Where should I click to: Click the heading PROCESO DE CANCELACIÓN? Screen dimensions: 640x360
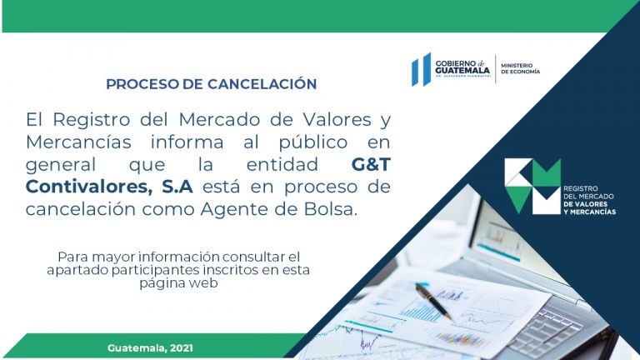point(212,83)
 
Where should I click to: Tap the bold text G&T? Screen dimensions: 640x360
point(371,164)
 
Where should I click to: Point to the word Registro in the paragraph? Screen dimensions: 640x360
point(92,120)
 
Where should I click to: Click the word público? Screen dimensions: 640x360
point(313,142)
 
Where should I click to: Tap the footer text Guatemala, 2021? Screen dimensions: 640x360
point(150,348)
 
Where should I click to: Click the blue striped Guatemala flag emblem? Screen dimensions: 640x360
point(421,69)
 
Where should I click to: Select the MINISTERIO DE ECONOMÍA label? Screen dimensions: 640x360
point(520,68)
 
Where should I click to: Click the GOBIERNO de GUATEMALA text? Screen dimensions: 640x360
point(462,67)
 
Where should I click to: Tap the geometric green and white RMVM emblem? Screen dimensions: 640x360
point(532,186)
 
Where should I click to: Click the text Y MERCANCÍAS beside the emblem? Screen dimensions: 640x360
point(589,212)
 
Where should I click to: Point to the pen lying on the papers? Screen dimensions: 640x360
point(432,301)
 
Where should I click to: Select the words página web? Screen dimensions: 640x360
point(178,283)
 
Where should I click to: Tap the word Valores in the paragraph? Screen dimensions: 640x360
point(337,120)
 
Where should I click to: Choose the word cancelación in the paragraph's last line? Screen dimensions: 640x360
point(81,209)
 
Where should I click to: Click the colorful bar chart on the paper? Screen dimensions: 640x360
point(460,339)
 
